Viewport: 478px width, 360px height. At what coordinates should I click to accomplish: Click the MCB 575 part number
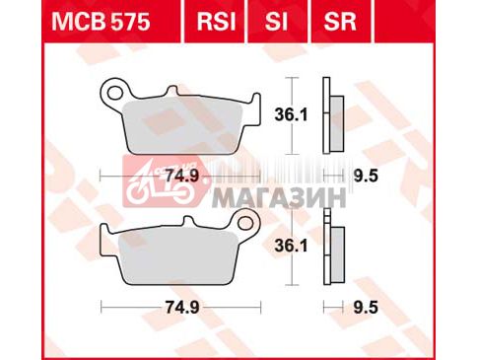coord(101,22)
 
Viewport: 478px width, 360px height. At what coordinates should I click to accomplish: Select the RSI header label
coord(216,22)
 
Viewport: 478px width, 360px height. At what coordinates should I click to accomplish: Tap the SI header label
coord(276,22)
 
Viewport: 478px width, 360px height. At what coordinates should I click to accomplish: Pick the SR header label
coord(340,22)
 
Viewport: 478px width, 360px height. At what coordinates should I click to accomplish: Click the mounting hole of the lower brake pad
coord(244,223)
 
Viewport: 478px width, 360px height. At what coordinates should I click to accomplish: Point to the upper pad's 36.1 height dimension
coord(291,115)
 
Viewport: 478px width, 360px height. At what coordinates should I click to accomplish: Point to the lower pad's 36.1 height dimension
coord(291,246)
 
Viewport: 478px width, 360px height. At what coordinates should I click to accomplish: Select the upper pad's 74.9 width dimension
coord(182,177)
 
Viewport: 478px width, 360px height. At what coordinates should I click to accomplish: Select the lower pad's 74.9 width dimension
coord(182,308)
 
